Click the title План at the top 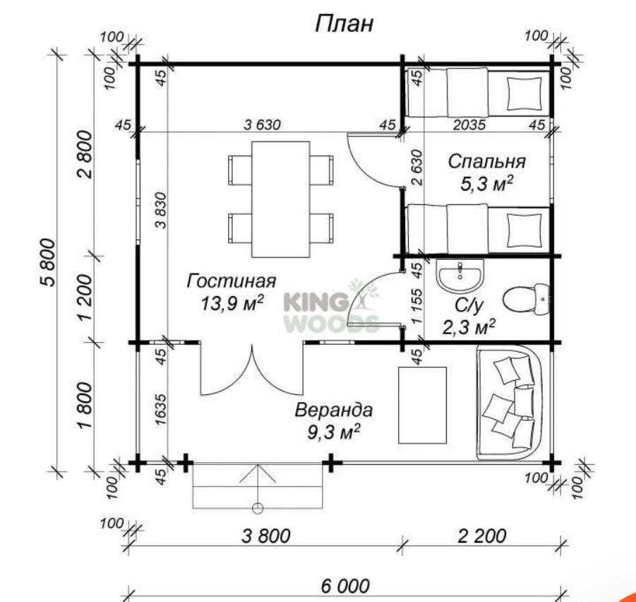[x=344, y=24]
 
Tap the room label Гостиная [x=232, y=281]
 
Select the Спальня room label [x=487, y=162]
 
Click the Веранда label [x=333, y=410]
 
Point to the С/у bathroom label [x=469, y=305]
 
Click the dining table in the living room [x=281, y=199]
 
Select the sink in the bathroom [x=460, y=275]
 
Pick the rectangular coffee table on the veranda [x=423, y=405]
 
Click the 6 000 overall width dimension [x=345, y=586]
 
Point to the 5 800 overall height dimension [x=47, y=263]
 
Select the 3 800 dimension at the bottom [x=266, y=536]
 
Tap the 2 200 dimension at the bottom [x=482, y=536]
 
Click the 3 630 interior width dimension [x=262, y=124]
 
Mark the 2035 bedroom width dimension [x=469, y=124]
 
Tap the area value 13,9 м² [x=232, y=303]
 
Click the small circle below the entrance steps [x=258, y=508]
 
